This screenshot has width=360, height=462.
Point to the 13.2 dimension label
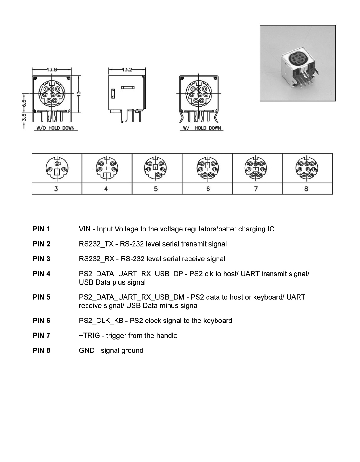coord(127,69)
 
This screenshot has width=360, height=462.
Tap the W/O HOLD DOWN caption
coord(55,128)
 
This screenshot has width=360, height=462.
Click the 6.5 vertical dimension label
coord(24,103)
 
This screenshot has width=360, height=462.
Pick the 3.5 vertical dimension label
coord(24,117)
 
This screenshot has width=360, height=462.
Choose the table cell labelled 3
coord(56,189)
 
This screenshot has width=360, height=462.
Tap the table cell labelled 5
coord(156,189)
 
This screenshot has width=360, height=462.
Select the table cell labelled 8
coord(306,189)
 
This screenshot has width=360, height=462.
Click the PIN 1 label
coord(42,229)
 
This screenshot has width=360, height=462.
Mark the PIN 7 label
coord(42,336)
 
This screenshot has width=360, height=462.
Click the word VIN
coord(85,229)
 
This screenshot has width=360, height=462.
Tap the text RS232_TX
coord(96,244)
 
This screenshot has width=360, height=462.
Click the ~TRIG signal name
coord(88,336)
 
